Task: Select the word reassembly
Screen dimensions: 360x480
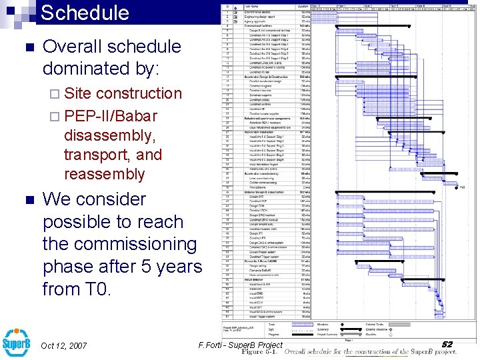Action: click(104, 174)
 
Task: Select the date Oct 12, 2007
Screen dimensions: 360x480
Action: click(64, 345)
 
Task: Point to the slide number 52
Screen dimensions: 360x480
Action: click(447, 344)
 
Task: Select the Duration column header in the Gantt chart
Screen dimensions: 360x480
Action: click(302, 5)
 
